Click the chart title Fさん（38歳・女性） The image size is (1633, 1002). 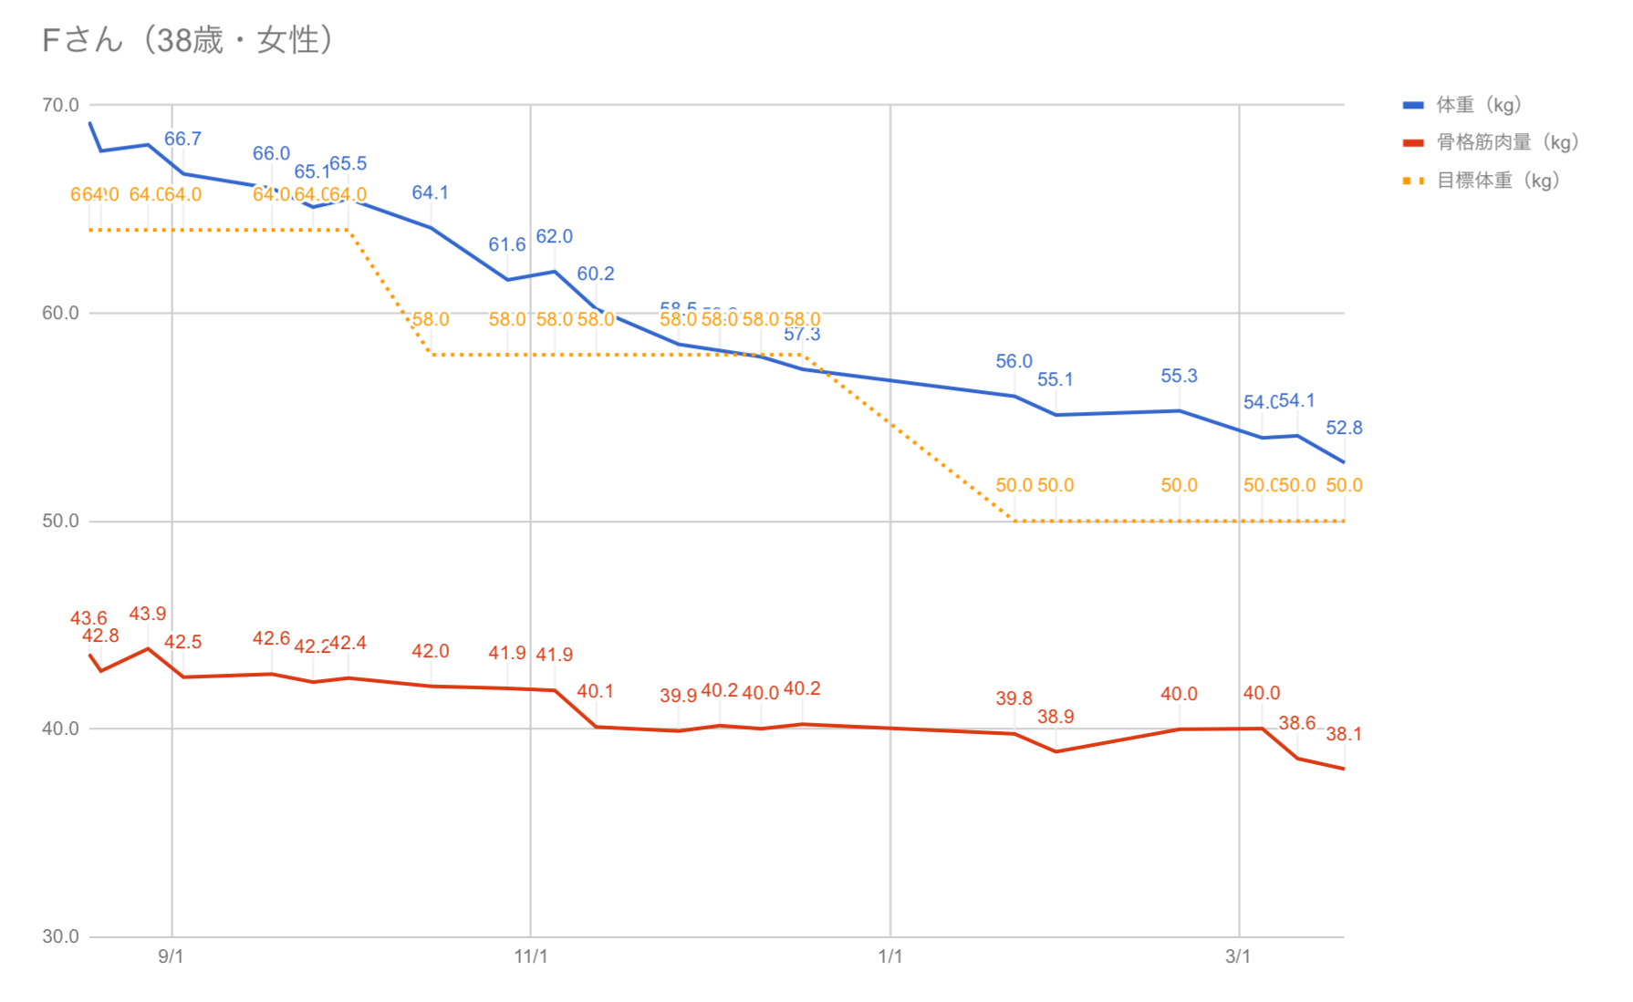click(x=187, y=40)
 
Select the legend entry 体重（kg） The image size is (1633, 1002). click(x=1478, y=105)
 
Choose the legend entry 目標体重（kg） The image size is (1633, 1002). click(x=1497, y=181)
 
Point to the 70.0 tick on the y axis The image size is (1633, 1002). click(x=60, y=105)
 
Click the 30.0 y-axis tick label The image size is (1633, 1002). click(x=60, y=936)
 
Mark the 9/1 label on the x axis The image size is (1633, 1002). click(x=171, y=956)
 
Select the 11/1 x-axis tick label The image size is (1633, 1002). click(x=531, y=956)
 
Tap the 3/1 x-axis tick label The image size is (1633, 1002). click(x=1238, y=956)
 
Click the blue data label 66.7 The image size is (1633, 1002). click(x=182, y=139)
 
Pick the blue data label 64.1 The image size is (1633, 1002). click(x=430, y=192)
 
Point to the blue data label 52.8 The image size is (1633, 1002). click(x=1344, y=428)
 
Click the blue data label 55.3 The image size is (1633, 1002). click(x=1179, y=376)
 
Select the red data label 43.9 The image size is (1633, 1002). click(x=148, y=614)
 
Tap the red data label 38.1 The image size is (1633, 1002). click(x=1344, y=734)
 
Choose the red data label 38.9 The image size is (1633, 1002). click(x=1056, y=717)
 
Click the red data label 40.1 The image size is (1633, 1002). click(x=595, y=691)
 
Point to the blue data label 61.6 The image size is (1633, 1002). click(x=507, y=244)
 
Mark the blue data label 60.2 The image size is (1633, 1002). click(x=595, y=274)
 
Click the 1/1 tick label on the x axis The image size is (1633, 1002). click(x=890, y=956)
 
